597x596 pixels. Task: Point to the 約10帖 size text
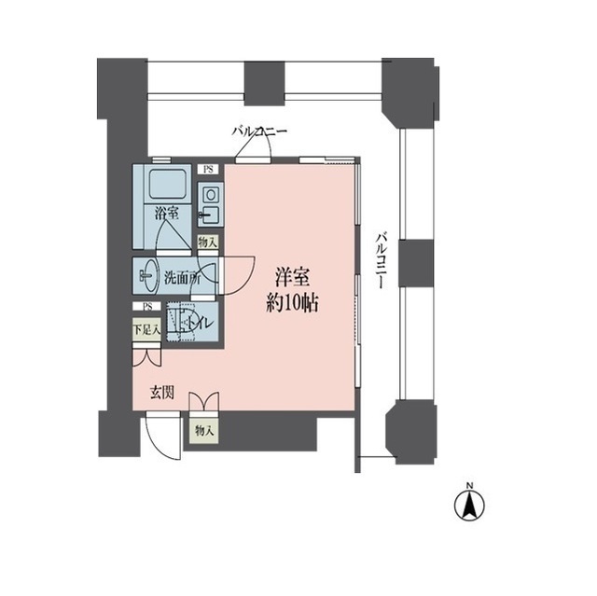click(x=293, y=303)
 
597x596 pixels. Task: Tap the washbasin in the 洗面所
click(x=148, y=275)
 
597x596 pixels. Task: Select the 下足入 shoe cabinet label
click(x=146, y=329)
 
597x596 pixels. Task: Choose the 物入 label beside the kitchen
click(x=208, y=242)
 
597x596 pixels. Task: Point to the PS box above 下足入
click(x=146, y=306)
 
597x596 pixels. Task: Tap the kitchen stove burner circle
click(x=210, y=196)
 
